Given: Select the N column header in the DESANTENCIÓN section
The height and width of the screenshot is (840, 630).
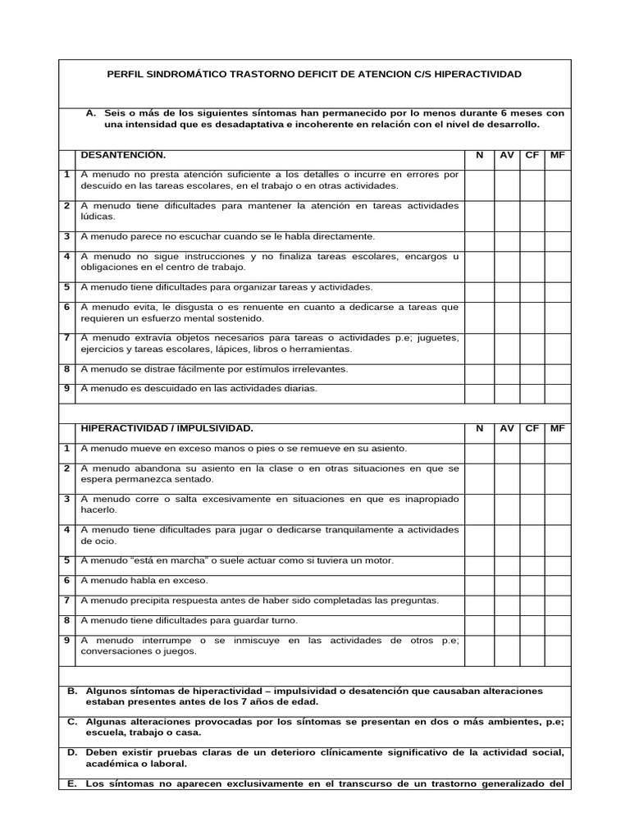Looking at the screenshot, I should pos(480,155).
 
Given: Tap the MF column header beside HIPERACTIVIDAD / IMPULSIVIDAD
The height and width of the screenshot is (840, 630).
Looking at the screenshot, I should pos(557,429).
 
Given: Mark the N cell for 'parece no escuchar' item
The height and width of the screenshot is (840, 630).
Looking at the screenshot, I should pos(480,237).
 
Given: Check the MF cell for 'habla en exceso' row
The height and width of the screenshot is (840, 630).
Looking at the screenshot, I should pos(557,581).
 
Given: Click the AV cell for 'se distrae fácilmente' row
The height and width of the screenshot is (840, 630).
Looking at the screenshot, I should pos(507,370).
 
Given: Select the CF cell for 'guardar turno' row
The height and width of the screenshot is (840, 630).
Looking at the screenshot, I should pos(532,621).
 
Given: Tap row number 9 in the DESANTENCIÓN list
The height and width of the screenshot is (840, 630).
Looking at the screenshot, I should pos(66,389).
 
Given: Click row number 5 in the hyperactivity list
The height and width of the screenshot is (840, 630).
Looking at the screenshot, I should pos(66,561).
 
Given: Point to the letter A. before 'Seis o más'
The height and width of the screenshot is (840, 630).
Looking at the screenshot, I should pos(91,113).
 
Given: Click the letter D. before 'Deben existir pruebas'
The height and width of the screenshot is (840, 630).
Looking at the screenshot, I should pos(72,752).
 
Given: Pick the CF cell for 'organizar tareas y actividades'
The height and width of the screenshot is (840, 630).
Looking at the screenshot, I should pos(532,288).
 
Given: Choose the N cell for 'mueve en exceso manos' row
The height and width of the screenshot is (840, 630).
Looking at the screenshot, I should pos(480,450).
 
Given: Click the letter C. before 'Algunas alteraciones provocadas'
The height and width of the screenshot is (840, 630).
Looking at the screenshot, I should pos(72,721).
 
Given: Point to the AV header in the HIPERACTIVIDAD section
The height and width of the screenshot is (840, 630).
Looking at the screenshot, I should pos(507,429).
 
